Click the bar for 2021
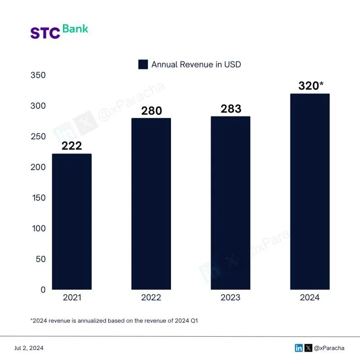72,221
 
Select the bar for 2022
151,203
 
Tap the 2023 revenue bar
230,202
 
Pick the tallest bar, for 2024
310,191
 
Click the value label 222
72,146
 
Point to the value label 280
151,111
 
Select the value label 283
231,109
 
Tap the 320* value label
311,85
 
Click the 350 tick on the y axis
38,75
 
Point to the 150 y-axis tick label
38,198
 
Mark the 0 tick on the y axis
43,290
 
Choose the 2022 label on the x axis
151,297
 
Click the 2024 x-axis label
310,297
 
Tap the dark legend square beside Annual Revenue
143,64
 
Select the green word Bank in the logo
75,29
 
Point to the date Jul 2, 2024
29,348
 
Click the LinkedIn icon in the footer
299,348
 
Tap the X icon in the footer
308,348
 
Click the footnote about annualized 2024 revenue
114,320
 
